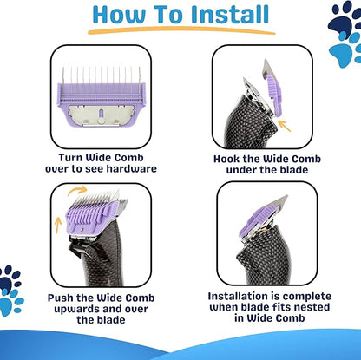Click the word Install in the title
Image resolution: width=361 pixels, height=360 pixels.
point(230,15)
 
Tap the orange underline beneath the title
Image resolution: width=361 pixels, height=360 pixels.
point(181,29)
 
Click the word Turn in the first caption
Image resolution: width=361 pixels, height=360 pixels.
point(70,158)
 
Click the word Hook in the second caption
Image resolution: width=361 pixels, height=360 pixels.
point(226,159)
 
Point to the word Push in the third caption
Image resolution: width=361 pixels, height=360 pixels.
point(60,298)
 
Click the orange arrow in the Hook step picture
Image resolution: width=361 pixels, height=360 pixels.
point(284,126)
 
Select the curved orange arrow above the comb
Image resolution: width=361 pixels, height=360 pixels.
point(77,190)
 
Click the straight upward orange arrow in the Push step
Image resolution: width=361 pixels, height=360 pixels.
point(58,226)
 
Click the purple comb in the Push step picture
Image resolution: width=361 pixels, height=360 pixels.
point(91,216)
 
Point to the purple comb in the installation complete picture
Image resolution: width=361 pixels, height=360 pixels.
point(254,219)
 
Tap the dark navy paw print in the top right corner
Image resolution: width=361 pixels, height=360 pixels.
point(344,18)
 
